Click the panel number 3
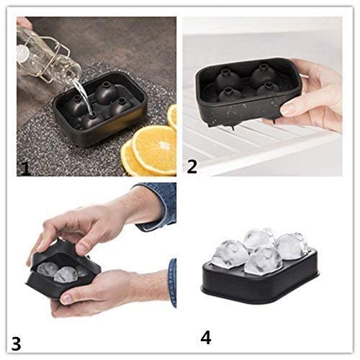17,340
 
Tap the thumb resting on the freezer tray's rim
292,108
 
